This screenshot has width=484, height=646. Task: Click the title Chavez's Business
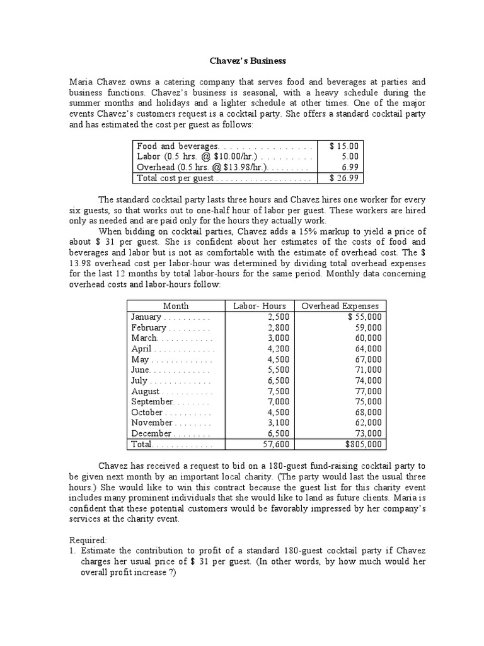pyautogui.click(x=247, y=61)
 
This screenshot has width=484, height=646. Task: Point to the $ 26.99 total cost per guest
pyautogui.click(x=344, y=179)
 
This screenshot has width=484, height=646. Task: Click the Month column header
pyautogui.click(x=176, y=306)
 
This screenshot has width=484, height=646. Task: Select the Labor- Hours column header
pyautogui.click(x=260, y=306)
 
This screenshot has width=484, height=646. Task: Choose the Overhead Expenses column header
pyautogui.click(x=340, y=306)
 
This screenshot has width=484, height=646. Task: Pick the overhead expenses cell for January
pyautogui.click(x=364, y=317)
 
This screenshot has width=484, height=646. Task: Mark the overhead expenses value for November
pyautogui.click(x=366, y=423)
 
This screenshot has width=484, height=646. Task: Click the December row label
pyautogui.click(x=151, y=433)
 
